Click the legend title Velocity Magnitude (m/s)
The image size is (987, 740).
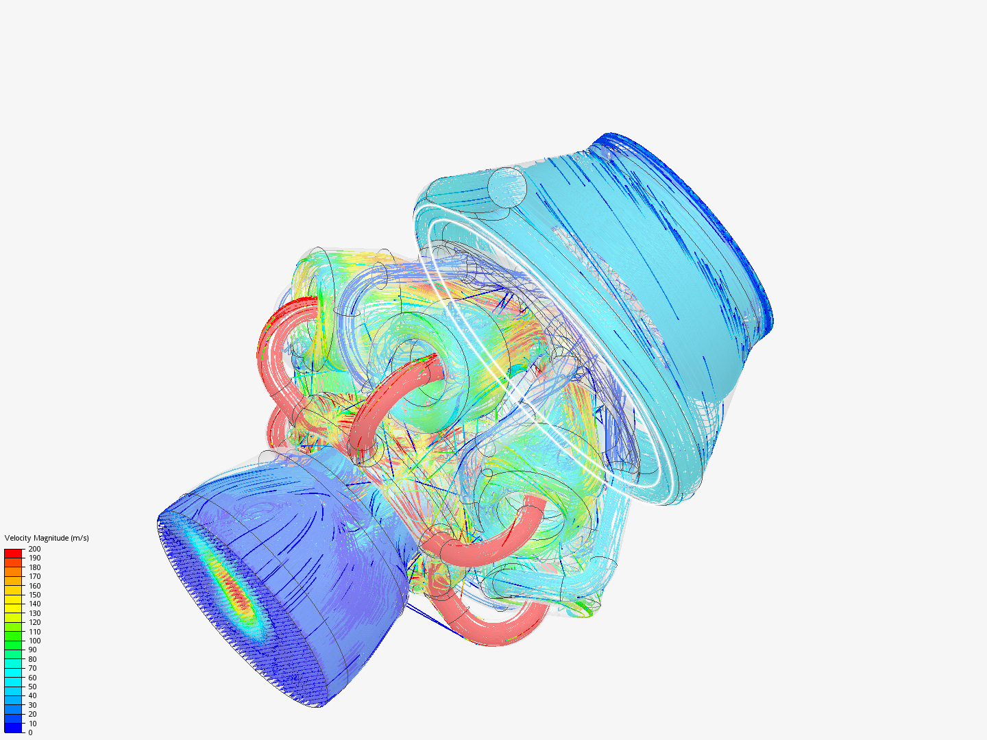47,538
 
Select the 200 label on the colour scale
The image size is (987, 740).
34,549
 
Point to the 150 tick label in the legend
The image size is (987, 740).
34,595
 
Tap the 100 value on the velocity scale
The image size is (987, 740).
34,641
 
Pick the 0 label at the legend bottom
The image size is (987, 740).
30,732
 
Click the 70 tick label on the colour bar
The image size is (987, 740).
32,668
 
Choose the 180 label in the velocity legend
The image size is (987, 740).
34,567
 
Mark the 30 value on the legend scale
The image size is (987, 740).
32,705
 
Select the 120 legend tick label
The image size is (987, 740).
34,622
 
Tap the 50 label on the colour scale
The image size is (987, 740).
32,687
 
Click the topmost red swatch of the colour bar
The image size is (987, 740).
14,553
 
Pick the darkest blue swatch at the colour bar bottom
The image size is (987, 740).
14,728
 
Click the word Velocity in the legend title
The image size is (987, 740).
19,538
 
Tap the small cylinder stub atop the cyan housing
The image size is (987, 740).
507,186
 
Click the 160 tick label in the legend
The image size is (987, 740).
34,586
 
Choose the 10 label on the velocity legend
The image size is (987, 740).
32,724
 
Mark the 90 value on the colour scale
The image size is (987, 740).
32,650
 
